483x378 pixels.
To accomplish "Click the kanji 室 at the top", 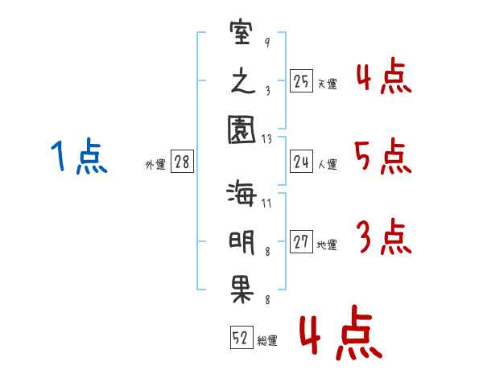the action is tap(242, 32).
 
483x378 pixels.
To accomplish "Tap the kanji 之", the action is tap(243, 81).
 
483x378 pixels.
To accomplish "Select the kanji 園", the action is tap(242, 129).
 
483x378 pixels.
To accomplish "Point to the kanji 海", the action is tap(242, 193).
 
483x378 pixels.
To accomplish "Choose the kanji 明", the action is tap(242, 243).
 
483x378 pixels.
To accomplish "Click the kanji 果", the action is tap(242, 291).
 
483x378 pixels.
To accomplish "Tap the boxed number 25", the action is tap(301, 81).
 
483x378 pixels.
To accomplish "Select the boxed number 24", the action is tap(301, 162).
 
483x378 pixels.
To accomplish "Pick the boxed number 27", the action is tap(301, 241).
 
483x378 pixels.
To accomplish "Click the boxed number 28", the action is tap(182, 162).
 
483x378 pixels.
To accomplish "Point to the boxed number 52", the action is tap(242, 337).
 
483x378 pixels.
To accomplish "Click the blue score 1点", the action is tap(79, 156).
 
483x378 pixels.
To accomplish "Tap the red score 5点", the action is tap(383, 156).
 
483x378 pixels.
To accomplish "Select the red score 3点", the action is tap(384, 236).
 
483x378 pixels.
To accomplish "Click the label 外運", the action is tap(155, 165).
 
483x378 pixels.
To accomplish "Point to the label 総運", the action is tap(267, 341).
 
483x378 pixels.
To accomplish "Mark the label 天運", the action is tap(327, 84).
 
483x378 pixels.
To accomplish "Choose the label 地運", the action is tap(327, 245).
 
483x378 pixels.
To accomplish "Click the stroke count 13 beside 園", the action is tap(267, 139).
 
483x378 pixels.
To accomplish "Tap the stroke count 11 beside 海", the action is tap(266, 203).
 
